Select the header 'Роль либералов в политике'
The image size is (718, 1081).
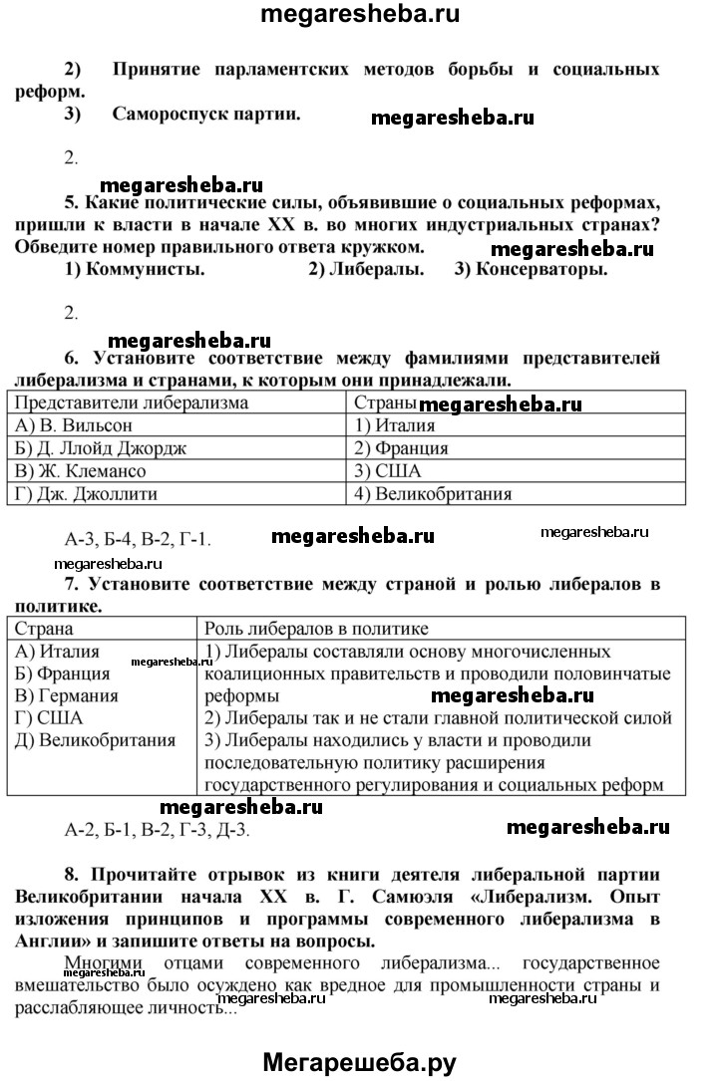coord(316,630)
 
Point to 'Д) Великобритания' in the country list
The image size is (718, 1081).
coord(96,740)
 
